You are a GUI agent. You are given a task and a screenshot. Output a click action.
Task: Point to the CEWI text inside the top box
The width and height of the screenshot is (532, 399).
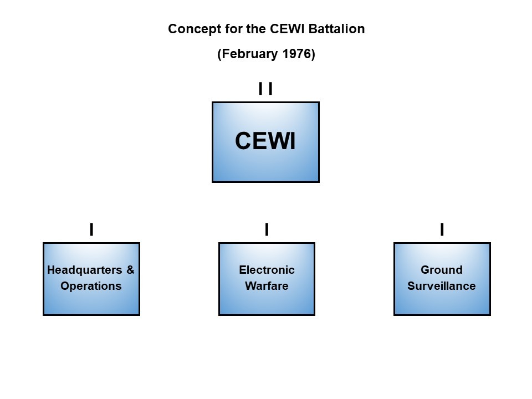point(265,141)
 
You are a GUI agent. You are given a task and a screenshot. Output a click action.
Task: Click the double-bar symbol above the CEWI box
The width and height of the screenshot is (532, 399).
point(265,89)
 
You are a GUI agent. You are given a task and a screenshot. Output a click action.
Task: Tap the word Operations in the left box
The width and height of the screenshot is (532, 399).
point(91,286)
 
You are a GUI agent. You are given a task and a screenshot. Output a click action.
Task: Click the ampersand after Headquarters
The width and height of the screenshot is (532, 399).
point(130,270)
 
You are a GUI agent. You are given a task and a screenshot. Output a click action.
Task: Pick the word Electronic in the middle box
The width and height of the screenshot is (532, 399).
point(267,270)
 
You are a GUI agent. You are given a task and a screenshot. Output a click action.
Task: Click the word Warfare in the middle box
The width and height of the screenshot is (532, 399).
point(267,286)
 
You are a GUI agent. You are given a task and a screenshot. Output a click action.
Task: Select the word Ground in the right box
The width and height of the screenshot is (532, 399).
point(442,270)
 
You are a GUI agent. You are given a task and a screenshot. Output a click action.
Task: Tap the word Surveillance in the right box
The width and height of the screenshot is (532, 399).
point(442,286)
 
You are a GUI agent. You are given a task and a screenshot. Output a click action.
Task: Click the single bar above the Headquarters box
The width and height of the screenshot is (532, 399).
point(91,229)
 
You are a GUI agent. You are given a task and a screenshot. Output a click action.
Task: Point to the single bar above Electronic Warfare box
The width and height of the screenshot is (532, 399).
point(267,229)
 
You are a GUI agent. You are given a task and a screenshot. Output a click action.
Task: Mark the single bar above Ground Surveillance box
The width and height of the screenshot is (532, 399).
point(442,229)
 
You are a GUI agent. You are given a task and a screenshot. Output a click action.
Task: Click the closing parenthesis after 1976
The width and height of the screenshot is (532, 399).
point(313,54)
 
